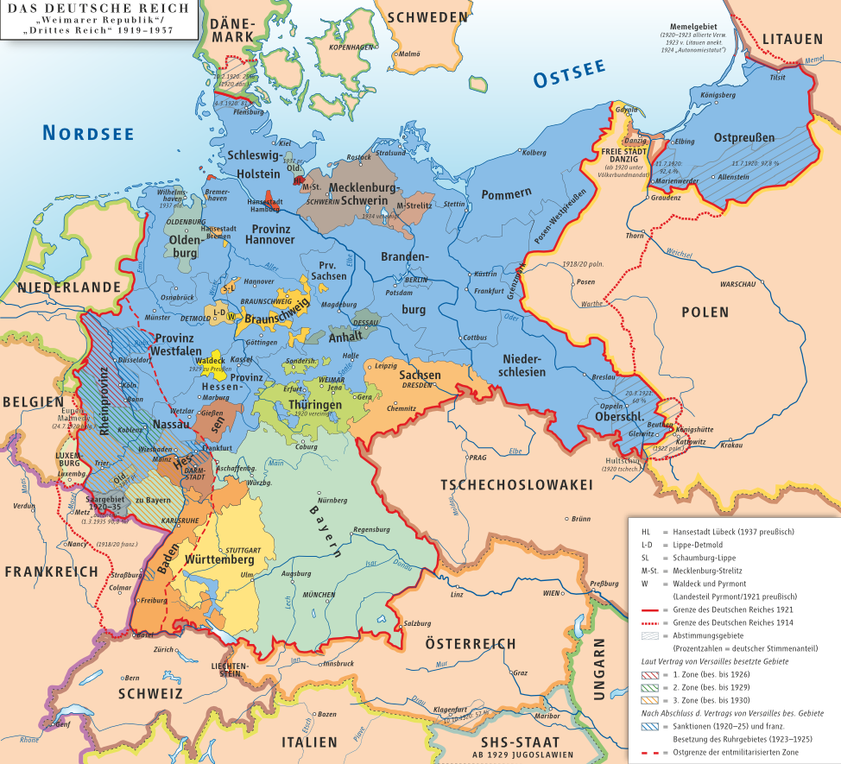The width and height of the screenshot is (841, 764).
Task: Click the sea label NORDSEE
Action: pyautogui.click(x=89, y=132)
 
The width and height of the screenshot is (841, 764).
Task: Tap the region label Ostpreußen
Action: pyautogui.click(x=744, y=137)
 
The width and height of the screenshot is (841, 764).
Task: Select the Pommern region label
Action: pyautogui.click(x=508, y=194)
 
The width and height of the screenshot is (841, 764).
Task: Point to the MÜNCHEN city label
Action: pyautogui.click(x=319, y=596)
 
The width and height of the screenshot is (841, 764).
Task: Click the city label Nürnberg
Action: pyautogui.click(x=332, y=500)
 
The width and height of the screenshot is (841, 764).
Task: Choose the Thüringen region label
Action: pyautogui.click(x=315, y=404)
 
